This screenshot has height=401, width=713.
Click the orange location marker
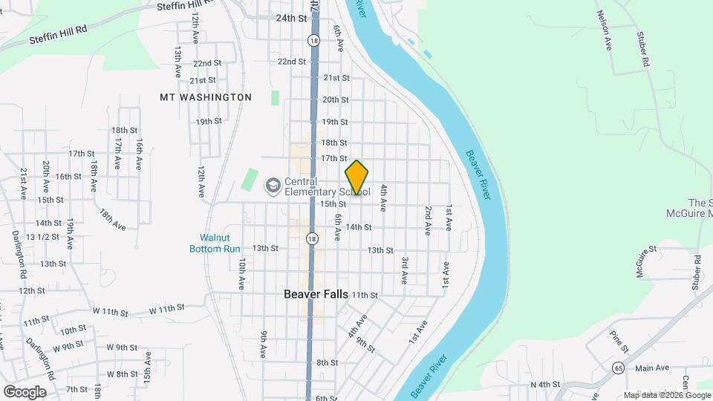pyautogui.click(x=357, y=178)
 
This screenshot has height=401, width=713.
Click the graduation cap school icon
pyautogui.click(x=273, y=183)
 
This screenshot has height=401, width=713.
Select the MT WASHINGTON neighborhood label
pyautogui.click(x=206, y=97)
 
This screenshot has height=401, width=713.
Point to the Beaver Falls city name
pyautogui.click(x=316, y=294)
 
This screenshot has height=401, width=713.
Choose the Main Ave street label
pyautogui.click(x=652, y=368)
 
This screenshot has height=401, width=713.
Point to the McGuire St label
pyautogui.click(x=647, y=262)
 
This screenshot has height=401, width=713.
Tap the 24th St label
pyautogui.click(x=291, y=18)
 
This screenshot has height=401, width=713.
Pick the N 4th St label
pyautogui.click(x=544, y=384)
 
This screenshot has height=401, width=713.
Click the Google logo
pyautogui.click(x=25, y=391)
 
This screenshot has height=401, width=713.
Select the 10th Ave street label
pyautogui.click(x=242, y=274)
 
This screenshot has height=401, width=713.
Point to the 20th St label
pyautogui.click(x=335, y=100)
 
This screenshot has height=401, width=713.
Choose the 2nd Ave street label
pyautogui.click(x=428, y=221)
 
